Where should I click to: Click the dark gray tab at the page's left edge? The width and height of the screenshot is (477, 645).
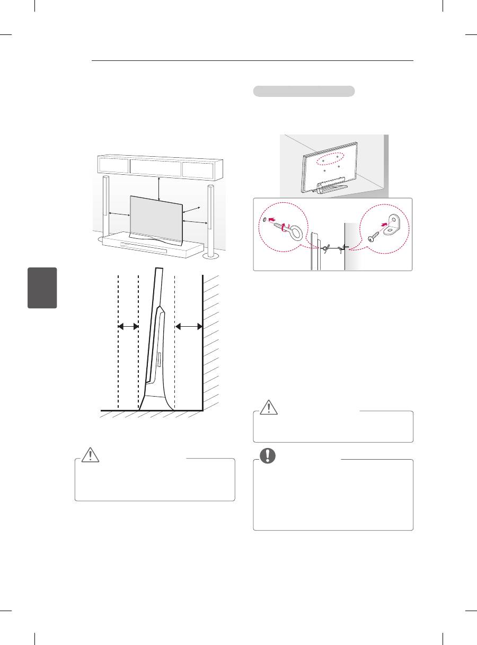(x=43, y=288)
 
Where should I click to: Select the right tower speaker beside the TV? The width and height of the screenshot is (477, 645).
(x=211, y=220)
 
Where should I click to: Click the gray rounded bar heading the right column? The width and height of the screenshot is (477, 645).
(x=304, y=91)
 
